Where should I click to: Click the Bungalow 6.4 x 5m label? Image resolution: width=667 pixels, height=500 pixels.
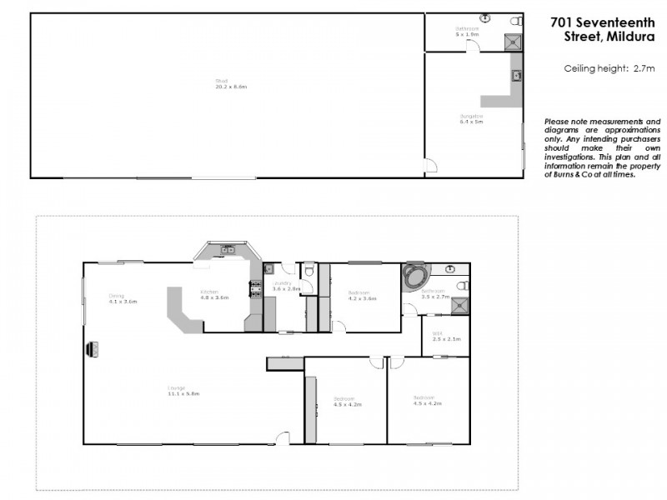tap(471, 118)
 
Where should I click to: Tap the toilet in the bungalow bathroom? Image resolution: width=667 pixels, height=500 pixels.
tap(516, 21)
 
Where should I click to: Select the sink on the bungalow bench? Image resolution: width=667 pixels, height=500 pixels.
tap(517, 76)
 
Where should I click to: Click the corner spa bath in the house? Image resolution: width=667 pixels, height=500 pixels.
tap(414, 277)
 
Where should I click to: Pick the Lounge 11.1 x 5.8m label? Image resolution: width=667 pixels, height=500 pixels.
tap(176, 391)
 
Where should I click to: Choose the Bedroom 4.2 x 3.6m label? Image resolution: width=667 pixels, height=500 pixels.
tap(360, 295)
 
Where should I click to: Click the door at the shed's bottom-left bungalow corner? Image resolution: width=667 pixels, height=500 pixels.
tap(430, 166)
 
